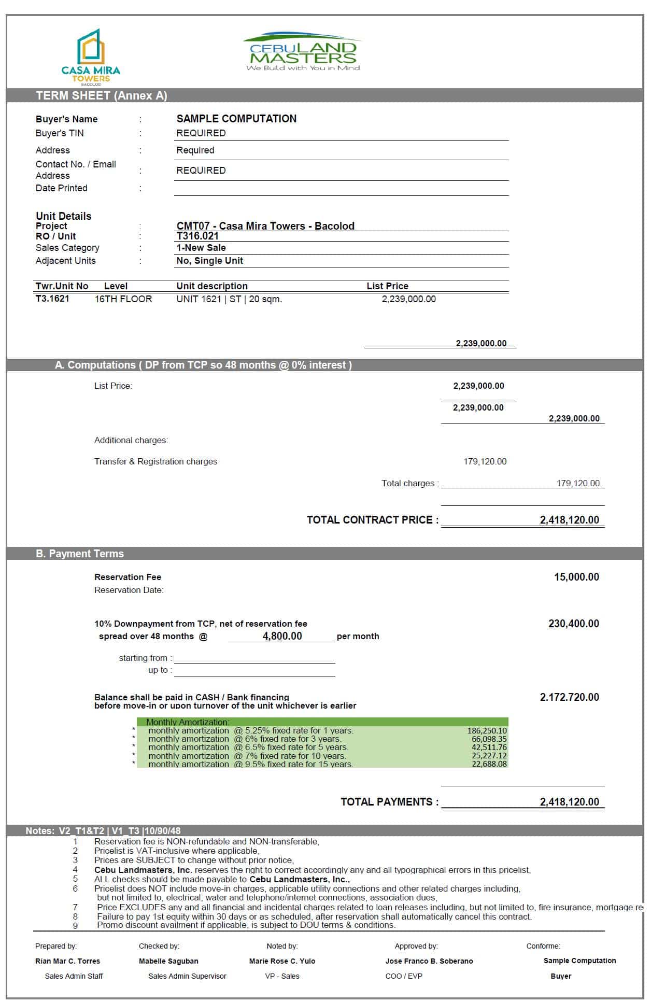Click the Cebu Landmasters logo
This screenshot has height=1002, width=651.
pyautogui.click(x=303, y=53)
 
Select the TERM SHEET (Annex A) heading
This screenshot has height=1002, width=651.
pyautogui.click(x=102, y=96)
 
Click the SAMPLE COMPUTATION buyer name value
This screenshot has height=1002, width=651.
pyautogui.click(x=236, y=119)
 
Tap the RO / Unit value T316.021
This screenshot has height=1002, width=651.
pyautogui.click(x=197, y=236)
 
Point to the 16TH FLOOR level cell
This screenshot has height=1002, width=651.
pyautogui.click(x=123, y=299)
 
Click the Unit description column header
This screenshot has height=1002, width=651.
pyautogui.click(x=212, y=286)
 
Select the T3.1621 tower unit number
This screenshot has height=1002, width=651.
pyautogui.click(x=52, y=299)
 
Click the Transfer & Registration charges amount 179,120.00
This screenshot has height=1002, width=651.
pyautogui.click(x=485, y=461)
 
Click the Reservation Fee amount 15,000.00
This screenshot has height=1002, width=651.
pyautogui.click(x=576, y=577)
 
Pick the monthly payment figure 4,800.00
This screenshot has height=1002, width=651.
pyautogui.click(x=282, y=636)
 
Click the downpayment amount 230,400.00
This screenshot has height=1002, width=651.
pyautogui.click(x=573, y=624)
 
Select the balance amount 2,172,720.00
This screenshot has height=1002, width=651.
pyautogui.click(x=569, y=697)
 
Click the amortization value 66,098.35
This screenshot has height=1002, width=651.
pyautogui.click(x=489, y=739)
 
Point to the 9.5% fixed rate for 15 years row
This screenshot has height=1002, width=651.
pyautogui.click(x=251, y=764)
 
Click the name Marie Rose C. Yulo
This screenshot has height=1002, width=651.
pyautogui.click(x=282, y=961)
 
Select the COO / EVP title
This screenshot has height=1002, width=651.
pyautogui.click(x=404, y=976)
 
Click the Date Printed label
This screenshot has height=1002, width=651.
pyautogui.click(x=62, y=188)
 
